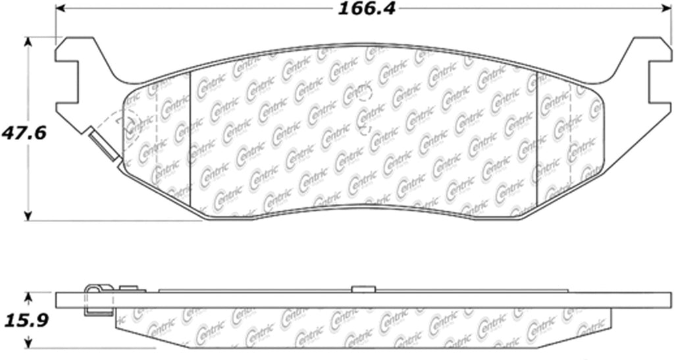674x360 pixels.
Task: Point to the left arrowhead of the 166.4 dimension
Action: (x=60, y=9)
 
